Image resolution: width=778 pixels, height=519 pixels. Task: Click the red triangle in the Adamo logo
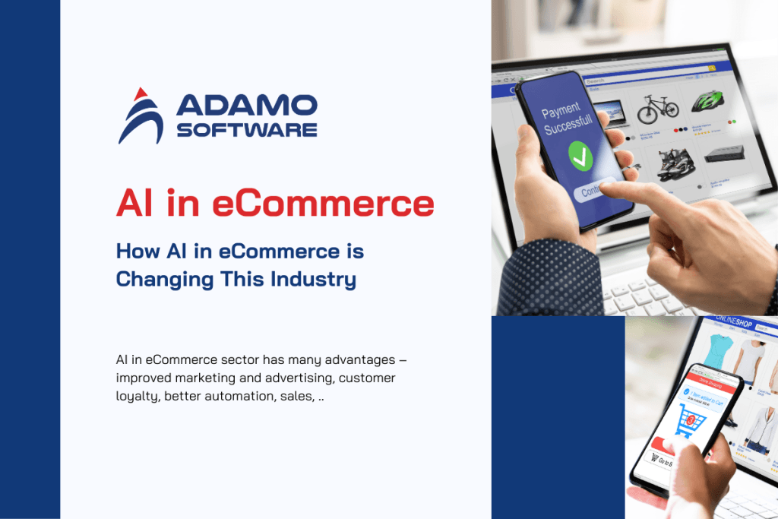[140, 94]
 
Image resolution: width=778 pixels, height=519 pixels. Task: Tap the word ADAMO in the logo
[247, 106]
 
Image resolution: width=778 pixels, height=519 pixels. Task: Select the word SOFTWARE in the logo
[247, 130]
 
